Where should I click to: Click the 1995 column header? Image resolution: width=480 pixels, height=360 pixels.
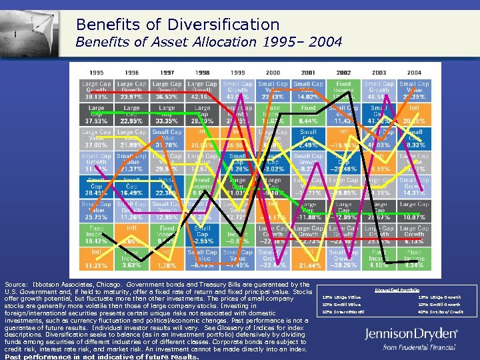point(97,72)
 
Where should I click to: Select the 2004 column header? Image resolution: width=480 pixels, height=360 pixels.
point(414,72)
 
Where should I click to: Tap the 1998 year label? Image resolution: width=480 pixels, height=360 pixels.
point(203,72)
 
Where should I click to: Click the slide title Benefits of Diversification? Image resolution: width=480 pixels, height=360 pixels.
point(177,25)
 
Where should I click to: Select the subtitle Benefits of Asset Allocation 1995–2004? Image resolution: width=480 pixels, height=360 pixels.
point(209,43)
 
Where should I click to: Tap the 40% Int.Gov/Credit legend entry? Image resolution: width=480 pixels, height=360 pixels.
point(440,311)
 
